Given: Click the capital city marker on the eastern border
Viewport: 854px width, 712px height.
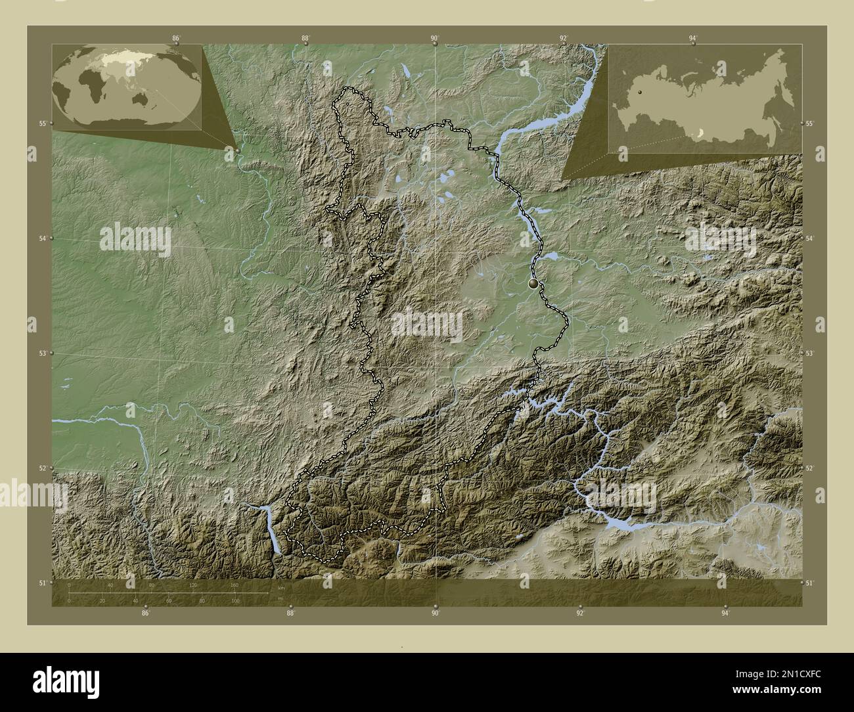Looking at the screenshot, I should [533, 284].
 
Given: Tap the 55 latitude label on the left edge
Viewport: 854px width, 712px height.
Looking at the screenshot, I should [41, 123].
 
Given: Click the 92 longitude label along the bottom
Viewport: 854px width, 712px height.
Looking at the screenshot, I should [580, 613].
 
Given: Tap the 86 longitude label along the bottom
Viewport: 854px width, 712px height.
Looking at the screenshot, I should [145, 613].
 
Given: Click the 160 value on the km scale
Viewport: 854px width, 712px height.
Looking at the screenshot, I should [235, 585].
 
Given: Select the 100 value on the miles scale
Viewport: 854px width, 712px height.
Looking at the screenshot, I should [235, 600].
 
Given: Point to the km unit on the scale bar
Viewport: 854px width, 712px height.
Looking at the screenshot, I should [281, 587].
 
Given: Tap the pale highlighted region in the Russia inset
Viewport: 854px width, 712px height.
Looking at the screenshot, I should [702, 134].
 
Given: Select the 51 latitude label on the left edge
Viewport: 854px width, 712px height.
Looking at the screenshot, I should [41, 583].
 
